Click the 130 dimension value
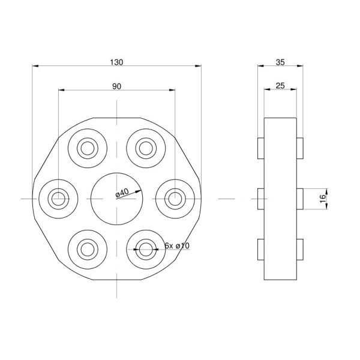click(116, 62)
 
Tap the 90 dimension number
click(116, 86)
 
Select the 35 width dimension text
click(280, 62)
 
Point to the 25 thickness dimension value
click(280, 86)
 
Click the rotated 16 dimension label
click(323, 199)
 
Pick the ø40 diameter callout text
click(122, 193)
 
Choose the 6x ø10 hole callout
click(177, 245)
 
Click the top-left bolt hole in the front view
click(88, 148)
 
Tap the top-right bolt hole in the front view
click(146, 148)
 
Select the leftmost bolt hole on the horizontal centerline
click(58, 199)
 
